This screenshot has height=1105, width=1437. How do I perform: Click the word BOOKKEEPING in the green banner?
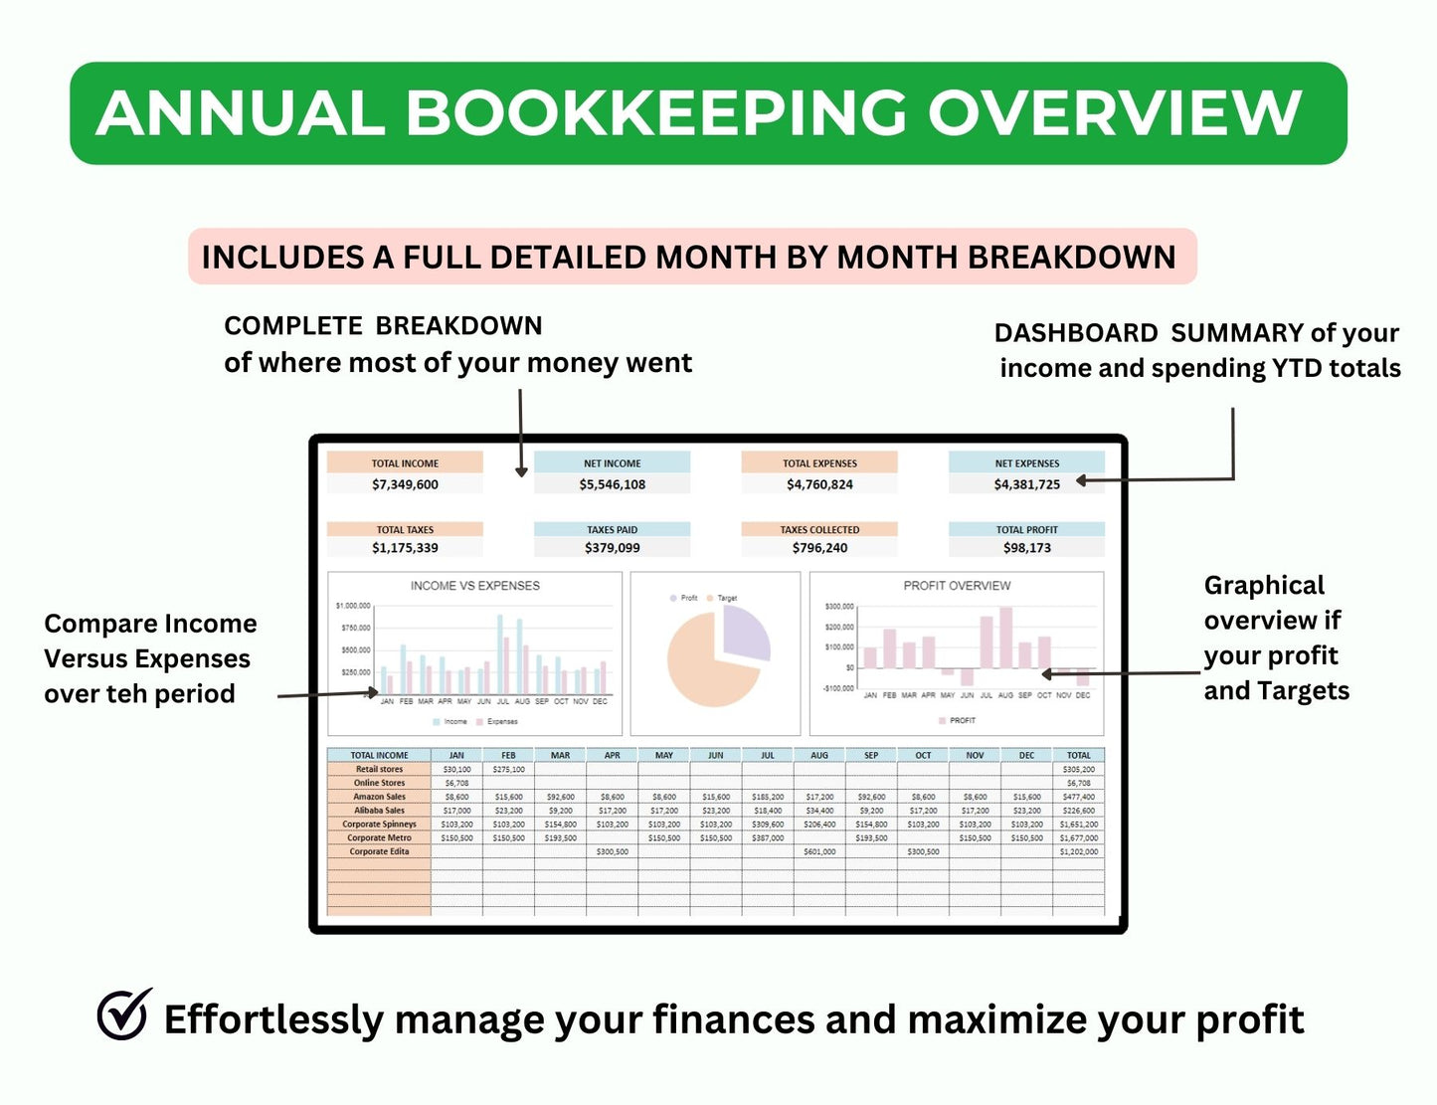[x=655, y=112]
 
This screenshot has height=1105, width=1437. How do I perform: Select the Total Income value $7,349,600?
[x=405, y=484]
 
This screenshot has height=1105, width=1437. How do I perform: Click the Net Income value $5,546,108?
[x=612, y=484]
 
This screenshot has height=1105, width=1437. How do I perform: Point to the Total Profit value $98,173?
[x=1026, y=548]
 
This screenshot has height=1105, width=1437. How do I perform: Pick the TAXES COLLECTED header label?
[x=819, y=530]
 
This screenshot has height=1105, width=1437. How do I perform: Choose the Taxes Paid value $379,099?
[x=612, y=548]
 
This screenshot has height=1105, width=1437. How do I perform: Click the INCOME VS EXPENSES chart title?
[x=474, y=586]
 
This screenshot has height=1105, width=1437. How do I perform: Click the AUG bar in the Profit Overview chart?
[x=1005, y=638]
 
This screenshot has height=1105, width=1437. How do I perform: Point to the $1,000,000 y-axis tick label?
[x=353, y=606]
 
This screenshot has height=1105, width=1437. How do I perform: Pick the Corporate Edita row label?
[x=379, y=851]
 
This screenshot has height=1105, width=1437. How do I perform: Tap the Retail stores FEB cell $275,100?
[x=508, y=770]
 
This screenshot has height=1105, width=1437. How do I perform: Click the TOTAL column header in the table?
[x=1078, y=756]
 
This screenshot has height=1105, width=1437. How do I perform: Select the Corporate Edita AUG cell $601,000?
[x=819, y=851]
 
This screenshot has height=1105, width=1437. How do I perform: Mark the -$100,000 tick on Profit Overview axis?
[x=838, y=688]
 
